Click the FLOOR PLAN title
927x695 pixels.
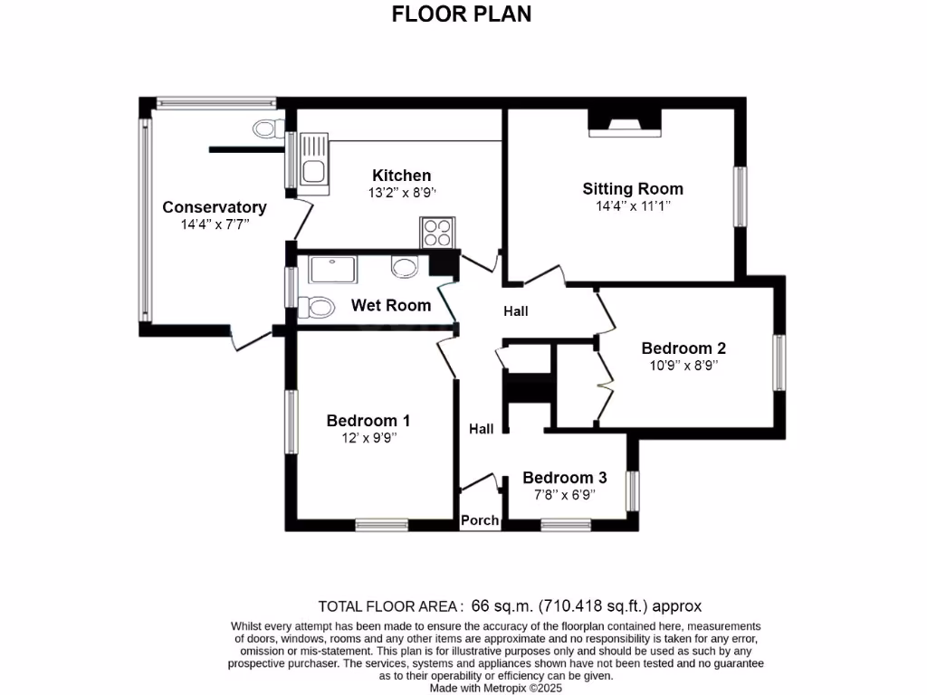point(462,14)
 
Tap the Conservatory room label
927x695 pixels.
point(215,207)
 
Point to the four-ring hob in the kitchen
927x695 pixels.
point(436,233)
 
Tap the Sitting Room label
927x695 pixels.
point(633,188)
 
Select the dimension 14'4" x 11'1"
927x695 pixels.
point(633,205)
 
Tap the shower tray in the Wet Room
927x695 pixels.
point(332,270)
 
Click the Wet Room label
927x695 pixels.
point(391,305)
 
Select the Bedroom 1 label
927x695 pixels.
point(368,420)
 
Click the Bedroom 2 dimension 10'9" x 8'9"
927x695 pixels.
point(683,366)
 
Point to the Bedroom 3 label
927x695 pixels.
point(565,478)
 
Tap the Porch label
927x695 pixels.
point(480,520)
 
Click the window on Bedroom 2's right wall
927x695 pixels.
point(778,363)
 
